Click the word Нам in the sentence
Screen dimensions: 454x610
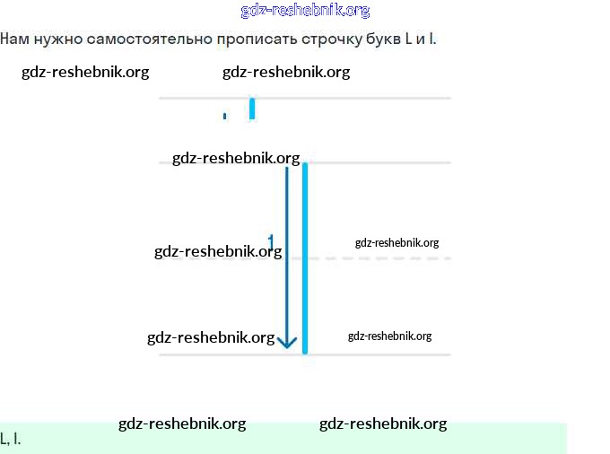point(14,39)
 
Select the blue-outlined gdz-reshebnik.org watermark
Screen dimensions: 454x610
point(305,11)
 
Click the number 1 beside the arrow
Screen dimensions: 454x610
point(271,241)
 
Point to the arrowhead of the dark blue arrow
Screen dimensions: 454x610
point(287,342)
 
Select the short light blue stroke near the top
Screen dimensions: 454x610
point(252,108)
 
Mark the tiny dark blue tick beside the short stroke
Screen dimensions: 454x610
point(224,116)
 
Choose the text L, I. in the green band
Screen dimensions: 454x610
point(11,439)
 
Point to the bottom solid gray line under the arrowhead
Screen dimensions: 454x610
point(377,354)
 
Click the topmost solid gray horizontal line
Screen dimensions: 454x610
point(359,98)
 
